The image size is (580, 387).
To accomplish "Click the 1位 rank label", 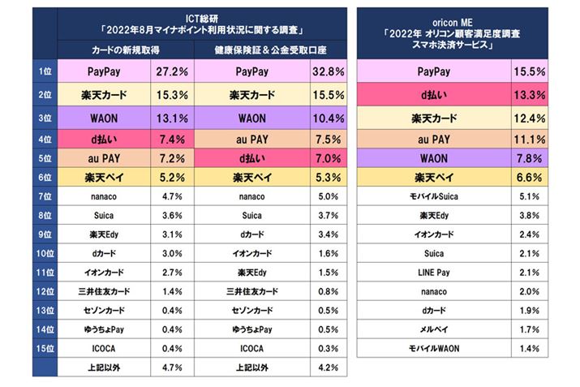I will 45,73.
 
